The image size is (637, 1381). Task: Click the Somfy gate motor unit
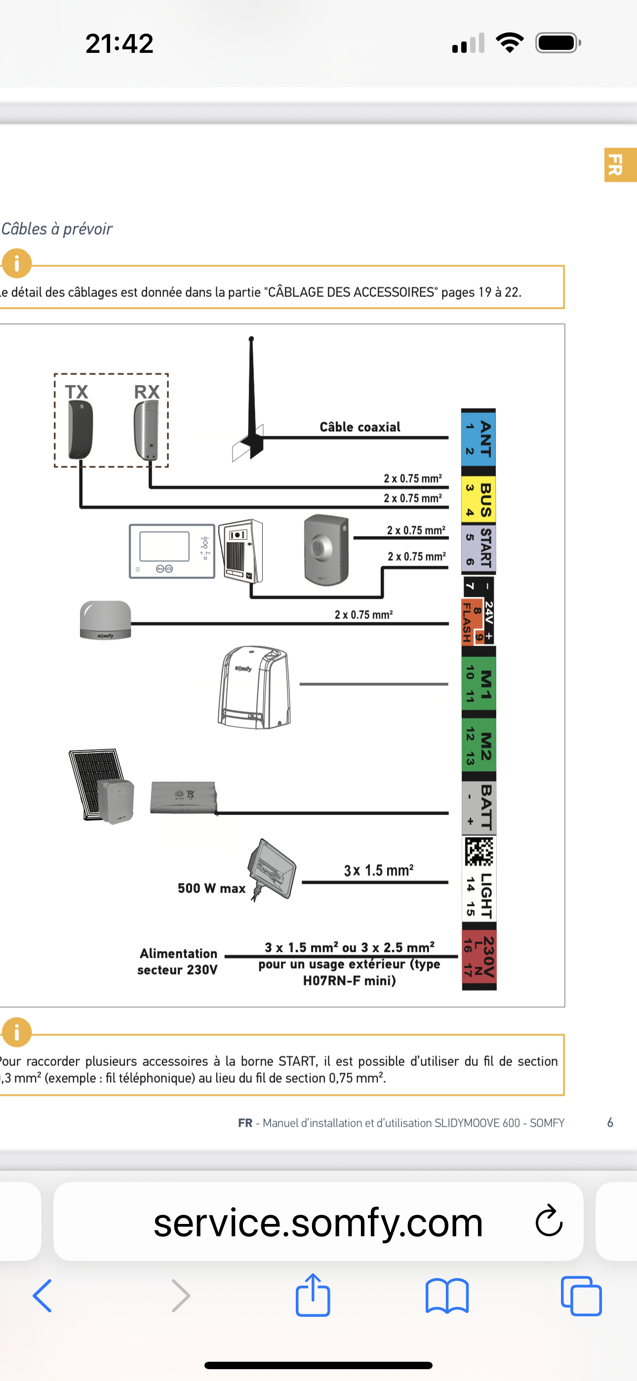255,687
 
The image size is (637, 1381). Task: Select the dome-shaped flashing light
105,620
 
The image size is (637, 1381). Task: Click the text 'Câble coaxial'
360,427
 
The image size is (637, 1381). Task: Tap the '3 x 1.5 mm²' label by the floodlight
379,871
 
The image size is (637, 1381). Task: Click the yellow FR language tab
620,165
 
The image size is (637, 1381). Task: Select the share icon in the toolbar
313,1295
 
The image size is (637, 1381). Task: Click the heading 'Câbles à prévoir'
57,229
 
